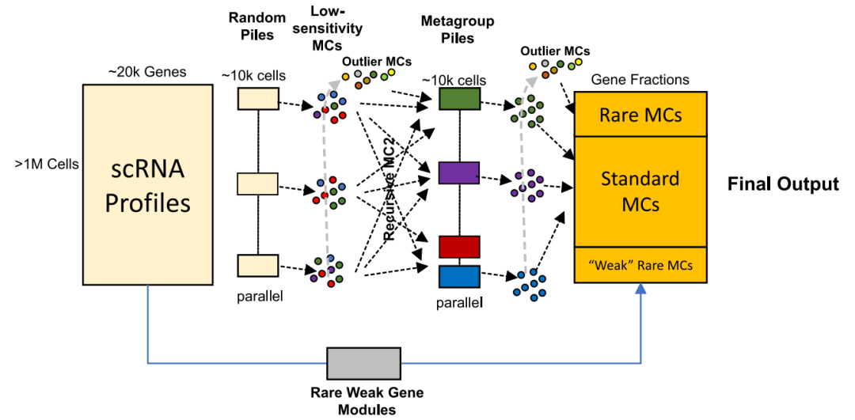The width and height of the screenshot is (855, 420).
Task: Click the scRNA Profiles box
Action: pyautogui.click(x=147, y=184)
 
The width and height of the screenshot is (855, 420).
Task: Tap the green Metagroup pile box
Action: pyautogui.click(x=459, y=99)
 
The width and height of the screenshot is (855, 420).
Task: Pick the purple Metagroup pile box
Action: pyautogui.click(x=459, y=172)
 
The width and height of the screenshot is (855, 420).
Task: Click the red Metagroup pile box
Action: pyautogui.click(x=459, y=247)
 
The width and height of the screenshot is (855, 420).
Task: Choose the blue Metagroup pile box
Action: pyautogui.click(x=459, y=276)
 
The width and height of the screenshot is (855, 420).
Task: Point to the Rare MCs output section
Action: pyautogui.click(x=639, y=115)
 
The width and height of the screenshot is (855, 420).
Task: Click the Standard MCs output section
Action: pyautogui.click(x=639, y=191)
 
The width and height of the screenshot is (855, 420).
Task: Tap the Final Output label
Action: pyautogui.click(x=783, y=184)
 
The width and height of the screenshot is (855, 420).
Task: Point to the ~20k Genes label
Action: pyautogui.click(x=147, y=72)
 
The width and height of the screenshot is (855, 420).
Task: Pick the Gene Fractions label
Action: pyautogui.click(x=640, y=79)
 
